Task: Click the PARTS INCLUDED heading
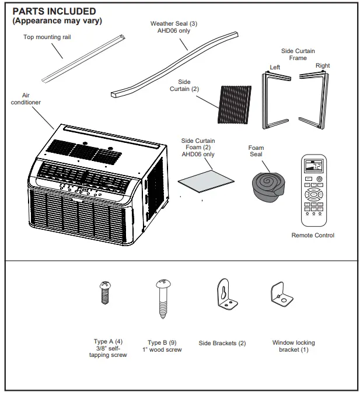pyautogui.click(x=54, y=12)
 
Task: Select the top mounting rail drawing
pyautogui.click(x=85, y=58)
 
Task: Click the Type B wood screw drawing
pyautogui.click(x=162, y=297)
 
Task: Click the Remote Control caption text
pyautogui.click(x=313, y=235)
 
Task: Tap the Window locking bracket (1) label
pyautogui.click(x=293, y=346)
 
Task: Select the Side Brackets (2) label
pyautogui.click(x=222, y=344)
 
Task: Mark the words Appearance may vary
pyautogui.click(x=57, y=21)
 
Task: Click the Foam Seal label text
pyautogui.click(x=256, y=151)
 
